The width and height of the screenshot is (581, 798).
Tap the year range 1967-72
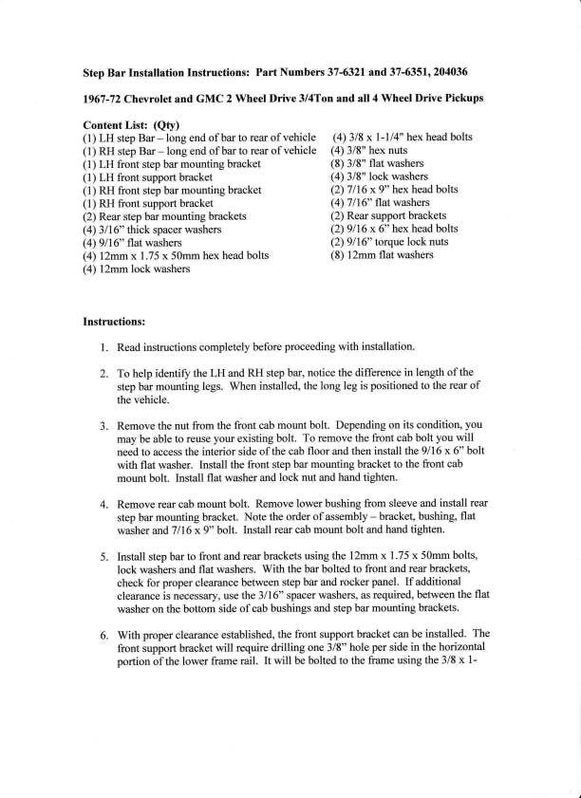pos(105,99)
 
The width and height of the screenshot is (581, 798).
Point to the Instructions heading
pos(114,322)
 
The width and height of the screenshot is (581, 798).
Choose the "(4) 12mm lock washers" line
pos(137,269)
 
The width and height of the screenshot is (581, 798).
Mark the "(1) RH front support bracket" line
pos(148,203)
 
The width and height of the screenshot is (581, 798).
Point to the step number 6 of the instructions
pos(103,633)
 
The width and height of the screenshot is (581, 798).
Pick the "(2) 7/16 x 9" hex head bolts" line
pos(394,190)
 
